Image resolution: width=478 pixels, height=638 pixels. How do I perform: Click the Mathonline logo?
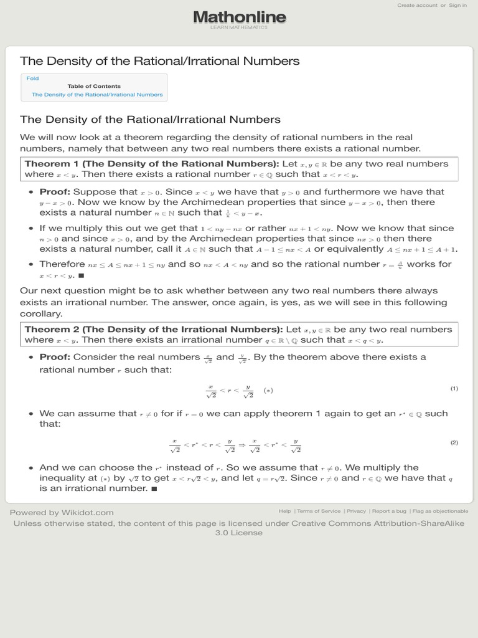(239, 17)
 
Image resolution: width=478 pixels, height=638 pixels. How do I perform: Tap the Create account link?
(417, 5)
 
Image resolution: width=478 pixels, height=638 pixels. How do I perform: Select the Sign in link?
(457, 5)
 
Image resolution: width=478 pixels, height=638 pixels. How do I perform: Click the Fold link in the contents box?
(32, 79)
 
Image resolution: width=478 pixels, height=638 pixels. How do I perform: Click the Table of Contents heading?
(94, 86)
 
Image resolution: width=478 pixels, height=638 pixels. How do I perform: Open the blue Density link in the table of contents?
(97, 95)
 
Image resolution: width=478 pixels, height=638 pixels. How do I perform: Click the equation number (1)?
(454, 389)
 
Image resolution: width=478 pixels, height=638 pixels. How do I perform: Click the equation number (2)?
(454, 442)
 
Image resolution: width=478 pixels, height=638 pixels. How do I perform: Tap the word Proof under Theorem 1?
(55, 192)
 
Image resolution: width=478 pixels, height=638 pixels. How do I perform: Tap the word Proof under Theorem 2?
(55, 356)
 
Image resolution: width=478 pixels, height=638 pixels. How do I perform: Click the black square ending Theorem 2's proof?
(154, 488)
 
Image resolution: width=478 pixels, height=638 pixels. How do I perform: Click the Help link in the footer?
(284, 511)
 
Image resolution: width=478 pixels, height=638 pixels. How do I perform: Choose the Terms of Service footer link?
(319, 511)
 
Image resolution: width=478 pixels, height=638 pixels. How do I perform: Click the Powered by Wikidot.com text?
(62, 512)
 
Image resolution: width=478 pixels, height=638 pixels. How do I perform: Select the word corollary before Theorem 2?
(41, 314)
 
